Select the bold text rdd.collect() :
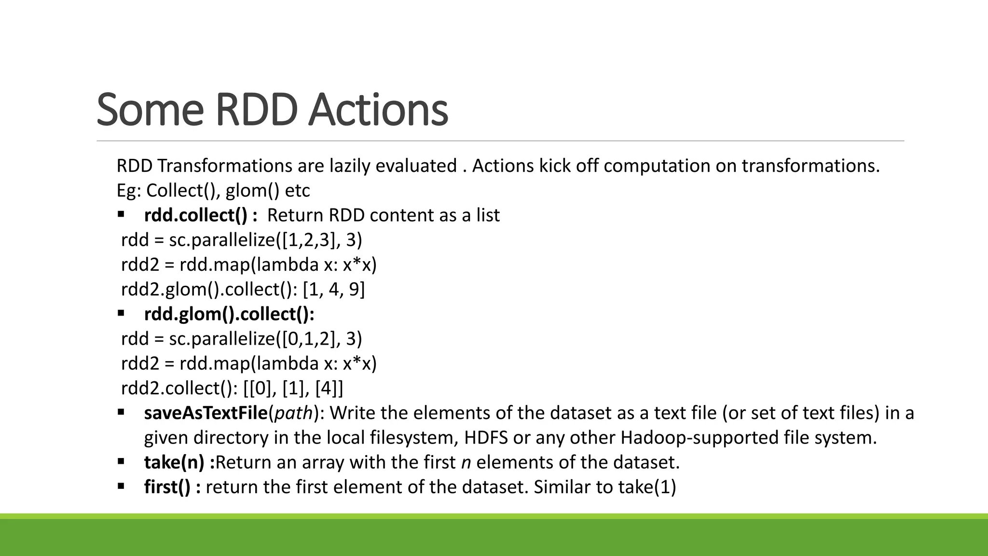coord(200,215)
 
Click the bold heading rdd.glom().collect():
coord(229,314)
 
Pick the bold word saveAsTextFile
coord(206,413)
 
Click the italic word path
coord(294,413)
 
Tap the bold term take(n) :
coord(179,462)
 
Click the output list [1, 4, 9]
coord(333,290)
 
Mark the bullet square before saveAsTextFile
coord(121,412)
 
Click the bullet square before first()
coord(121,486)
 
